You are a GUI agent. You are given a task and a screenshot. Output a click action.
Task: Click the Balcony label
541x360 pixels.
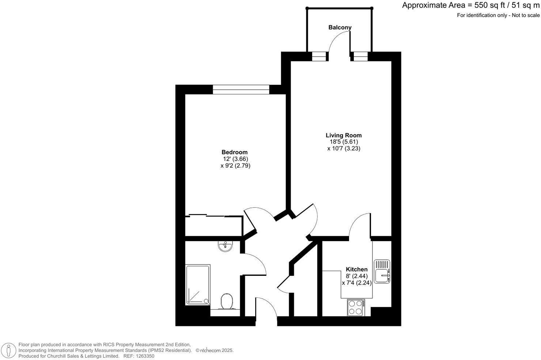[x=340, y=27]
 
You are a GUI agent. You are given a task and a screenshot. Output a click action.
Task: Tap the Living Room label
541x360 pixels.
[x=344, y=135]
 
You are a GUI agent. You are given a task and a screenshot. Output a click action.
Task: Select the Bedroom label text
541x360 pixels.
[x=235, y=152]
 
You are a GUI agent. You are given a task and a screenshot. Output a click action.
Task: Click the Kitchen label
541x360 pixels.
[x=357, y=269]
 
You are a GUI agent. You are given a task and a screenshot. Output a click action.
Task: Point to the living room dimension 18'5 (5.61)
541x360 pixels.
[x=344, y=142]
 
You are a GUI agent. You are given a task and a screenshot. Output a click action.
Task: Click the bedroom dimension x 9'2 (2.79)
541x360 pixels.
[x=235, y=165]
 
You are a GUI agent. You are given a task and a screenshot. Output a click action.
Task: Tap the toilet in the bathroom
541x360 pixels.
[x=227, y=301]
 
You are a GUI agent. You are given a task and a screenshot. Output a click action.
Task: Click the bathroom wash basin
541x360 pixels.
[x=225, y=246]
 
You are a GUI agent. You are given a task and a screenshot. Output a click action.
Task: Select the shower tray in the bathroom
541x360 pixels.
[x=198, y=285]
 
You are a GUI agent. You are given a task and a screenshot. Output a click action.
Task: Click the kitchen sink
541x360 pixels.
[x=382, y=271]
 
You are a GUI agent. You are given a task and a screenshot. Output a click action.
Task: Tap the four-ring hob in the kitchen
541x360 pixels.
[x=356, y=307]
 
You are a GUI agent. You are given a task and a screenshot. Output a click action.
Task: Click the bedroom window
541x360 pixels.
[x=241, y=89]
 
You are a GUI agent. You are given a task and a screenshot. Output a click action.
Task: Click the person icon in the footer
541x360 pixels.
[x=8, y=350]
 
